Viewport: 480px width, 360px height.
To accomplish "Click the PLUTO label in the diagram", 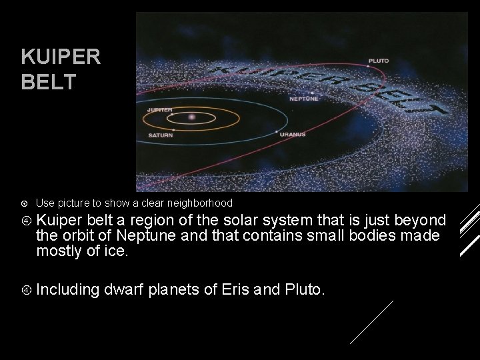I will [x=379, y=61].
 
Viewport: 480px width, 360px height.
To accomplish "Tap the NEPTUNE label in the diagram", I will [x=304, y=98].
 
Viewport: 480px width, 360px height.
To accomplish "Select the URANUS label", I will [x=293, y=135].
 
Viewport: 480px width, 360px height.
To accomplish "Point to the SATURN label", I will [x=160, y=135].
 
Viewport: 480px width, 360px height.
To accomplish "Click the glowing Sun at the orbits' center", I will [x=192, y=118].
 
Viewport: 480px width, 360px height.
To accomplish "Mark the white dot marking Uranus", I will [x=277, y=132].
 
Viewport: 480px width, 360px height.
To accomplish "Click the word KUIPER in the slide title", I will [x=61, y=57].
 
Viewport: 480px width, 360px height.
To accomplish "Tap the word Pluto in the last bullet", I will [x=304, y=290].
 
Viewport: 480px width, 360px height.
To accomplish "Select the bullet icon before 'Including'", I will [x=25, y=290].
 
